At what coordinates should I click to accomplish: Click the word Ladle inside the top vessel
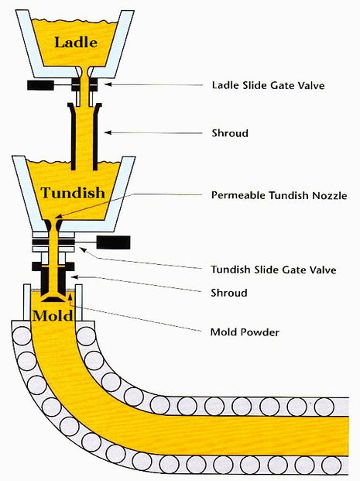coord(75,42)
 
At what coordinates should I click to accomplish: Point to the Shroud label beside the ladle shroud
coord(229,132)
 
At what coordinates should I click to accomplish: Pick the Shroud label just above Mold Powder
coord(229,293)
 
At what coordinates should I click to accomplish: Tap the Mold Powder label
coord(245,333)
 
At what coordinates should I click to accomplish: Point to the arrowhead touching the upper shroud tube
coord(108,132)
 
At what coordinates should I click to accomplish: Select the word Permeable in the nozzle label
coord(237,194)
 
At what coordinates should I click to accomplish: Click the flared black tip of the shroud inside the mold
coord(54,296)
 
